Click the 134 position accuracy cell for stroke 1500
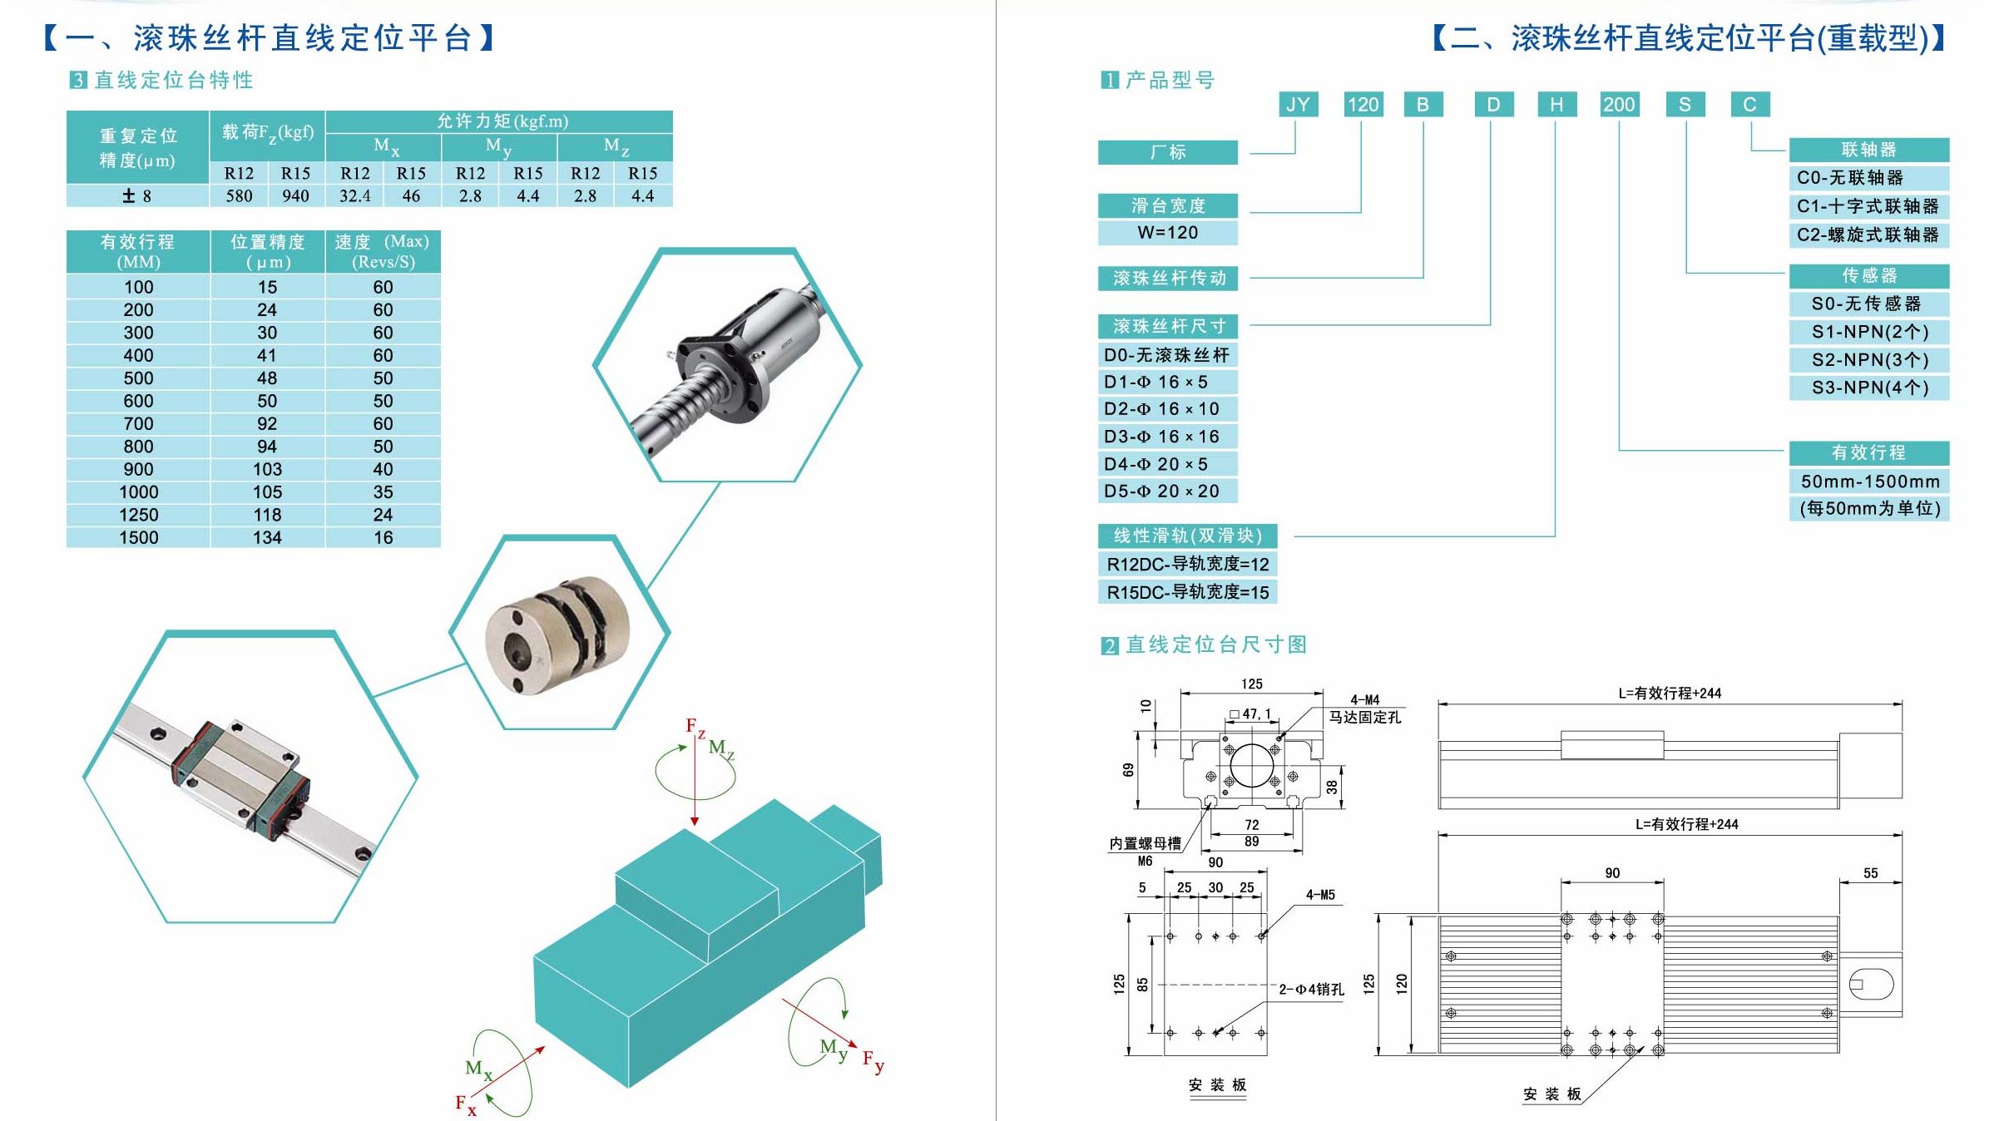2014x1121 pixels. (267, 537)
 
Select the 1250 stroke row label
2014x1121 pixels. (138, 515)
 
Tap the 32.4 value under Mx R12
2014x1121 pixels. (355, 195)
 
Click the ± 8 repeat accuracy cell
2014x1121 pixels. (137, 195)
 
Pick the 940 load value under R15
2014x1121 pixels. (295, 195)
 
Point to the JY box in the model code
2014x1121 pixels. (1298, 104)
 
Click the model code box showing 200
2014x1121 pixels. (1619, 104)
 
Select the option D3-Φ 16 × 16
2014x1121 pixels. (1162, 437)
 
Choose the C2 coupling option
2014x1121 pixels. (1868, 235)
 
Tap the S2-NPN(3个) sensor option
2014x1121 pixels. (1869, 359)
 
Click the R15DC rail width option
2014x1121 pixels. (1187, 591)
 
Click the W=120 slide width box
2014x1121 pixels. (1167, 232)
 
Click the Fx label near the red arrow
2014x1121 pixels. (465, 1104)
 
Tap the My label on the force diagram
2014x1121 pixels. (833, 1048)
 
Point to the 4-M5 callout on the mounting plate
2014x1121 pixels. (1320, 895)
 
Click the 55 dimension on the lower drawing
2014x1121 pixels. (1870, 873)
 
